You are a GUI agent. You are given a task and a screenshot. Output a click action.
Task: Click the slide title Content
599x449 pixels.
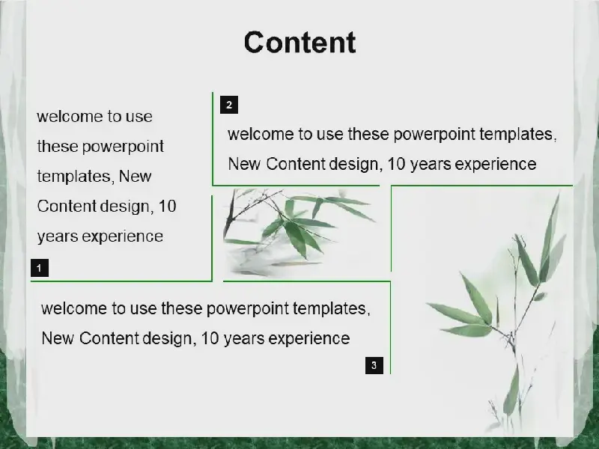pyautogui.click(x=300, y=43)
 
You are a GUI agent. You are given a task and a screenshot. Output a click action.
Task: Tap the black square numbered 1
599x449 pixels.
pyautogui.click(x=40, y=268)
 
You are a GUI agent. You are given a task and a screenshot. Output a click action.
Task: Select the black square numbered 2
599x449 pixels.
pyautogui.click(x=229, y=105)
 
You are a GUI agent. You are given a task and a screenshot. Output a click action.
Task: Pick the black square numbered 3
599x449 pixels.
pyautogui.click(x=374, y=365)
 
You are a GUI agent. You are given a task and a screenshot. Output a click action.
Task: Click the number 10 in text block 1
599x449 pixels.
pyautogui.click(x=167, y=207)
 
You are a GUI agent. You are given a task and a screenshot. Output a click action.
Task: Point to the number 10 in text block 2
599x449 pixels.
pyautogui.click(x=396, y=164)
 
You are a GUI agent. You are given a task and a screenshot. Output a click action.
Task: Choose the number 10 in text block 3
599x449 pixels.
pyautogui.click(x=210, y=339)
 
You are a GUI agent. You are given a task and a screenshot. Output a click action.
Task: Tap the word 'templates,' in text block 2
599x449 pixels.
pyautogui.click(x=518, y=135)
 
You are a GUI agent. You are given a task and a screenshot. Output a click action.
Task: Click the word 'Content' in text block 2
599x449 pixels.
pyautogui.click(x=295, y=164)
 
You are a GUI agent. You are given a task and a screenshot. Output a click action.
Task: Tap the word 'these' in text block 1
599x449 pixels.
pyautogui.click(x=58, y=147)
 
